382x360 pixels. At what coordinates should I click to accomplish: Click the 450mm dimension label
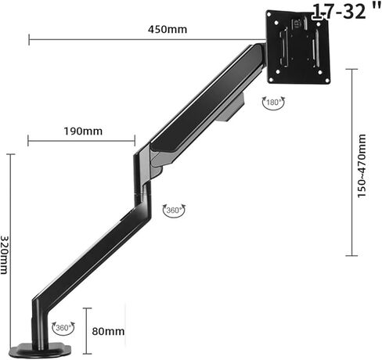168,29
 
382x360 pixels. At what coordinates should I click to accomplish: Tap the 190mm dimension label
83,131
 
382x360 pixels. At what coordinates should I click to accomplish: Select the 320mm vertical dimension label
5,255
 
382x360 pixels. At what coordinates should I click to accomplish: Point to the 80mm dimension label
108,331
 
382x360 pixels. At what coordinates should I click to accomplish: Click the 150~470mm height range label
362,166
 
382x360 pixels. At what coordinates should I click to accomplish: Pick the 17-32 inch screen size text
347,11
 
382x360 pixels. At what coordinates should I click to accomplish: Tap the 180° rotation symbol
273,103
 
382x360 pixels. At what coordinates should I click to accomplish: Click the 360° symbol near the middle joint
174,210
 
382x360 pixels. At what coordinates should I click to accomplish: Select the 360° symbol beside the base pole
63,328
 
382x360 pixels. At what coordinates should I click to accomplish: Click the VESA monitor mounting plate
298,47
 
